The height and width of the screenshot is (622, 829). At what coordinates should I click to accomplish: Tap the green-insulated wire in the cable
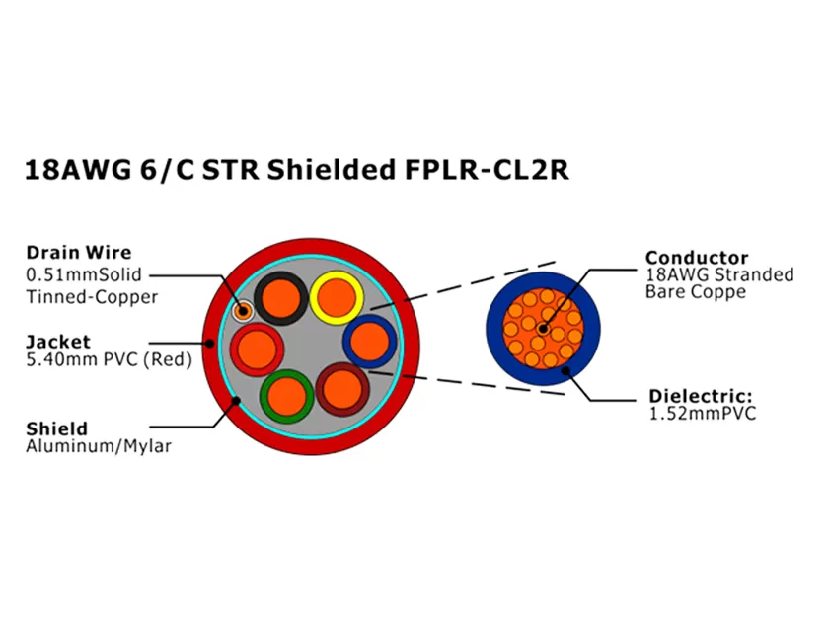287,393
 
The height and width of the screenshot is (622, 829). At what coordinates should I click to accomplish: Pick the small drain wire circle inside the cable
243,311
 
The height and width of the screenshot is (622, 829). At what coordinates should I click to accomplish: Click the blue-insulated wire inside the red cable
370,342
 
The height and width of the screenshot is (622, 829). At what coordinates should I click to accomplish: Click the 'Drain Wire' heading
78,253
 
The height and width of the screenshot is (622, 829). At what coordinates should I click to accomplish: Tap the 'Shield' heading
56,428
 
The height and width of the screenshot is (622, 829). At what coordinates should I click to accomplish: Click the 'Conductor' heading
697,258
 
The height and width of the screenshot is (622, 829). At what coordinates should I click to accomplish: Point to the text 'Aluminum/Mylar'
99,446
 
